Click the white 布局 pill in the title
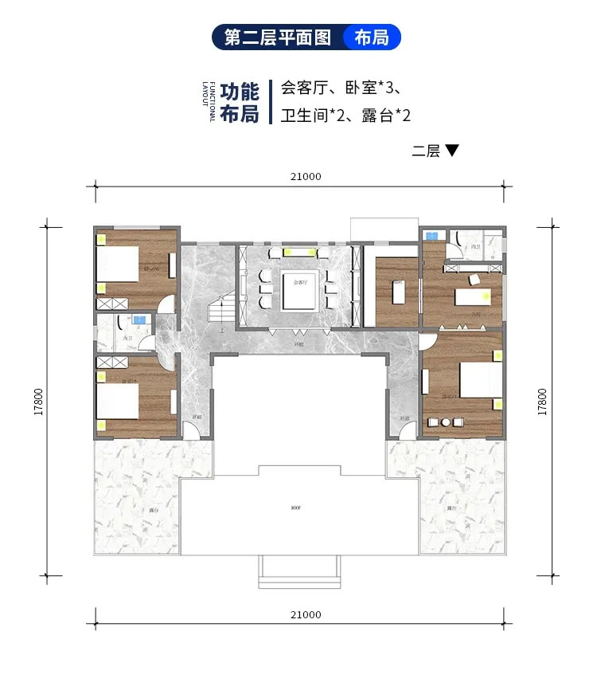point(372,37)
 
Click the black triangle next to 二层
point(452,150)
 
